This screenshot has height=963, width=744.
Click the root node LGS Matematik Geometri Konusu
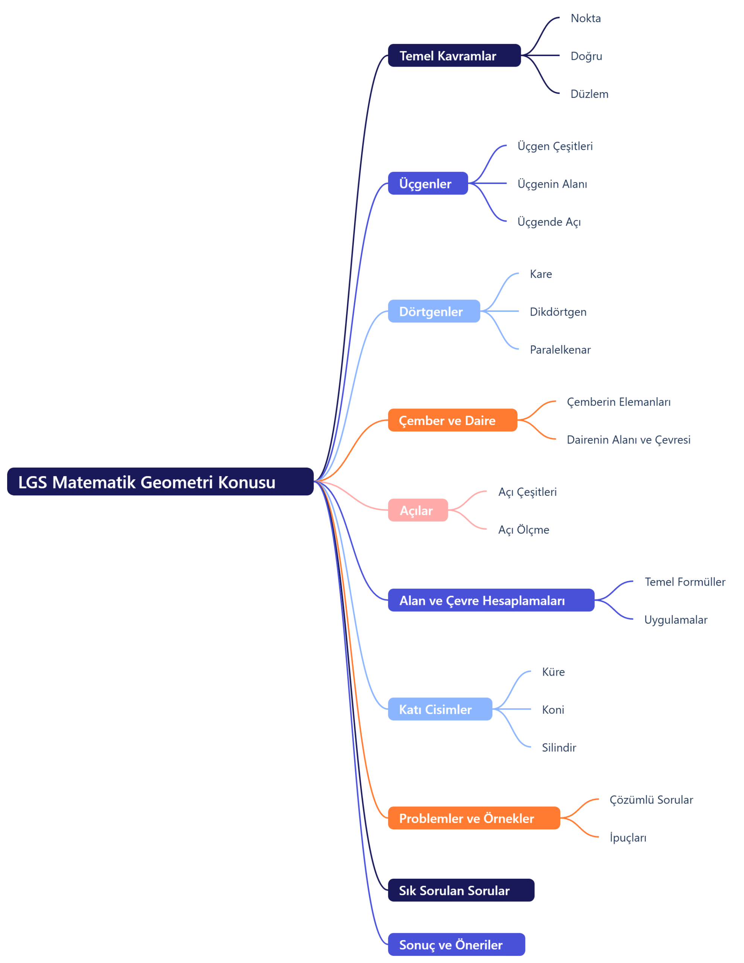[160, 481]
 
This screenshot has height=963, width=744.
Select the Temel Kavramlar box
[454, 56]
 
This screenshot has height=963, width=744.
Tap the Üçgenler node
[428, 184]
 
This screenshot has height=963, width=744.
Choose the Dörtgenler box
[434, 311]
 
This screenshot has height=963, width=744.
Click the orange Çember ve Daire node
[452, 420]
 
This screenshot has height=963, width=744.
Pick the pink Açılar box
[418, 510]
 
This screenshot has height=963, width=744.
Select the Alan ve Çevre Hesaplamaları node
[491, 600]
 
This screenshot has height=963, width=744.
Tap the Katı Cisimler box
[440, 709]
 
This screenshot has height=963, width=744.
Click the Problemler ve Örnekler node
[474, 818]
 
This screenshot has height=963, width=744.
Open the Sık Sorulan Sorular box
[461, 890]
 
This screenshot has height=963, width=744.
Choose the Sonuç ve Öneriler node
[456, 945]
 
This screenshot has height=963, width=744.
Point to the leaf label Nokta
[586, 18]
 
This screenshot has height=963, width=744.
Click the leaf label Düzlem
[589, 94]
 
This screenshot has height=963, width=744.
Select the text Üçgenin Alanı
[552, 184]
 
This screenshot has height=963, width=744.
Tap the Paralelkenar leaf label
[560, 350]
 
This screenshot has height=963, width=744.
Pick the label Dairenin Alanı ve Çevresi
[628, 440]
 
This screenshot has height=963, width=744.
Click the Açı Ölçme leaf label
[523, 530]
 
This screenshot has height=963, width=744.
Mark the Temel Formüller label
[685, 582]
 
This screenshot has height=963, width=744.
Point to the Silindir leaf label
[559, 748]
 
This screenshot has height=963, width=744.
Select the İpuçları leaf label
[628, 838]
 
